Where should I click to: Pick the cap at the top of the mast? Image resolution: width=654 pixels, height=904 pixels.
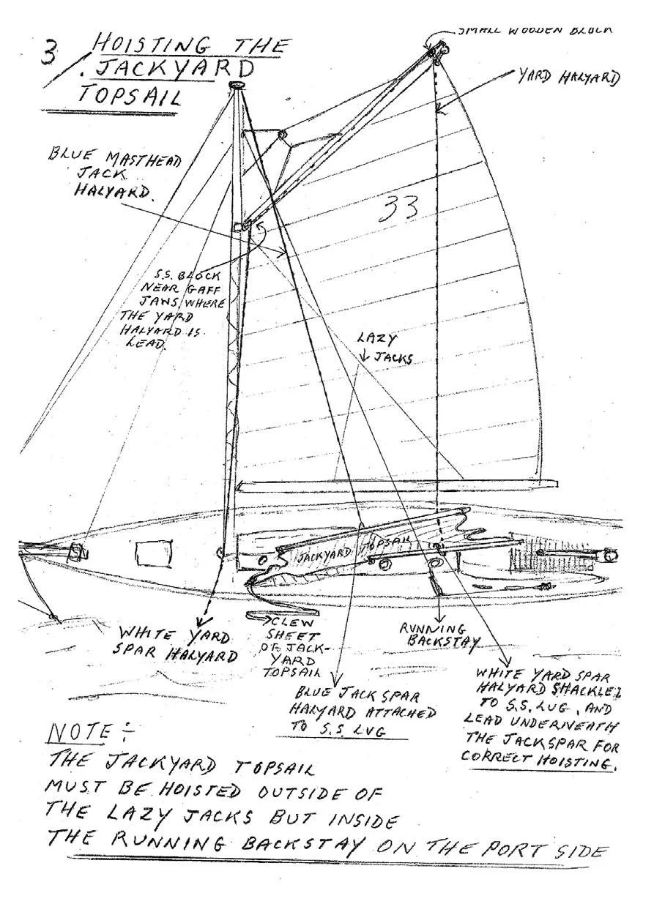[x=236, y=86]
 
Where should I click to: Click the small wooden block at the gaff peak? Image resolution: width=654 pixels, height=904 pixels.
[x=438, y=49]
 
